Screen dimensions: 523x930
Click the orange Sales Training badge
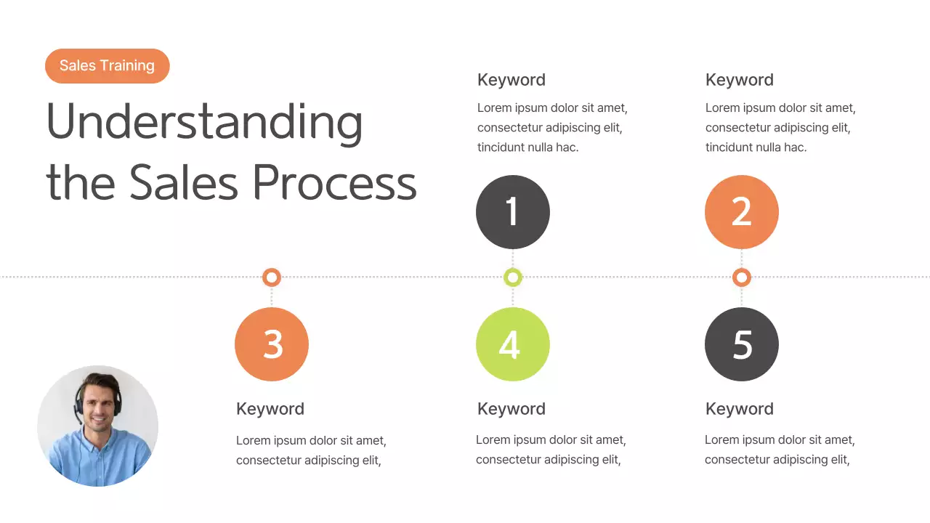[x=107, y=66]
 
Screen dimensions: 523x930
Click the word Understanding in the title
[x=204, y=122]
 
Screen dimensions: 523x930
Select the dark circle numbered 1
[x=513, y=212]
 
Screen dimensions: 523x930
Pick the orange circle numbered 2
[x=741, y=212]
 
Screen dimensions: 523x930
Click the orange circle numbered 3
[x=272, y=344]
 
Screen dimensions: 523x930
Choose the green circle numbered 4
[x=513, y=344]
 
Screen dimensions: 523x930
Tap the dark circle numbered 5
[x=741, y=344]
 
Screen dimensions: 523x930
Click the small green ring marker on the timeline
[x=513, y=277]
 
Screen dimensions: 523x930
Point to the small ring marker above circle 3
[x=272, y=277]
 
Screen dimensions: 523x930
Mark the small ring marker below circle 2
[x=741, y=277]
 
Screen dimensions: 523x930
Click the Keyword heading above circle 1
[x=511, y=80]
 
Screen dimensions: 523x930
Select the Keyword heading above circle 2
[x=739, y=80]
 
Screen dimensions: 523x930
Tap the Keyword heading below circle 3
[x=270, y=409]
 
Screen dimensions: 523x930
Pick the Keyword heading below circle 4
[x=511, y=409]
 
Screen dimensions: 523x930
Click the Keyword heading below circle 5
[x=739, y=409]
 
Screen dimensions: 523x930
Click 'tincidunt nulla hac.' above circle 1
[x=527, y=147]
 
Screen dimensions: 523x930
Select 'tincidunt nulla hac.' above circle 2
[x=756, y=147]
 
